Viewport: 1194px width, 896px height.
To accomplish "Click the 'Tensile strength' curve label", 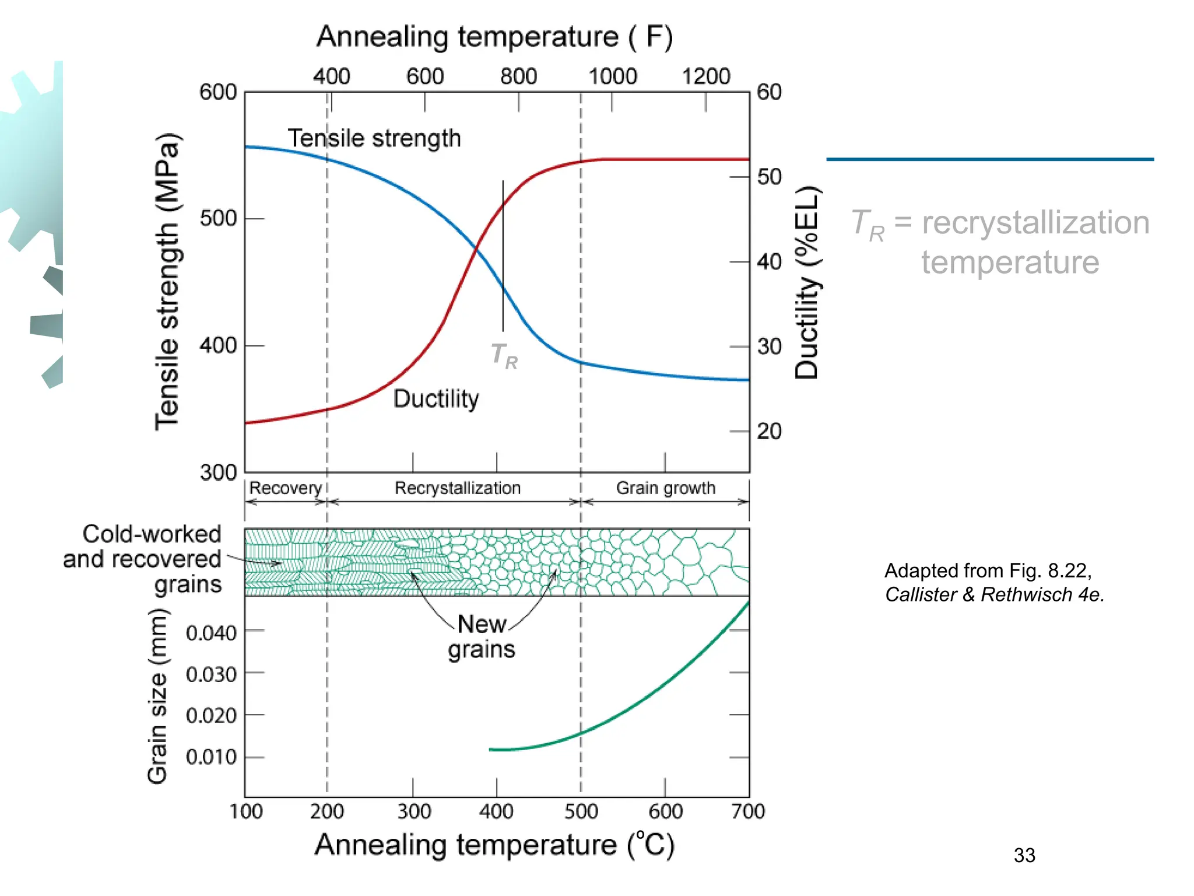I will pyautogui.click(x=374, y=139).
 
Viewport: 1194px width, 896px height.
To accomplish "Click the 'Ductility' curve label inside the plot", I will pyautogui.click(x=436, y=399).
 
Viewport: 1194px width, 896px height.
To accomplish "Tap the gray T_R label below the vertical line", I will pyautogui.click(x=504, y=356).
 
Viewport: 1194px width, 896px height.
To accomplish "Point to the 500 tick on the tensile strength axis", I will pyautogui.click(x=218, y=219).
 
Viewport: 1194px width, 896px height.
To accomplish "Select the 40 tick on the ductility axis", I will pyautogui.click(x=769, y=262).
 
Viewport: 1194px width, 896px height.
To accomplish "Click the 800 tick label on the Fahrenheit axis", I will pyautogui.click(x=518, y=76).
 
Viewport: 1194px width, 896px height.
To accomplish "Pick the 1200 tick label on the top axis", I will pyautogui.click(x=706, y=76).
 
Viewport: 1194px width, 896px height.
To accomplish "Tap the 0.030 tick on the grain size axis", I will pyautogui.click(x=211, y=674).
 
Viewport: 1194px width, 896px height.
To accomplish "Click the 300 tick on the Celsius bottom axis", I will pyautogui.click(x=414, y=811).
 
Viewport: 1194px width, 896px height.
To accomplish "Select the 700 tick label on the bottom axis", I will pyautogui.click(x=748, y=811).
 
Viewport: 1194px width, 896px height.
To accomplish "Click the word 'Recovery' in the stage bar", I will pyautogui.click(x=286, y=488).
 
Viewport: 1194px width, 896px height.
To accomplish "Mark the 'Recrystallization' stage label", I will pyautogui.click(x=458, y=488).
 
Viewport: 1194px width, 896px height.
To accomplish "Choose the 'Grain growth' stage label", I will pyautogui.click(x=666, y=488).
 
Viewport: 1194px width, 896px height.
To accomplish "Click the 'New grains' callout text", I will pyautogui.click(x=482, y=637).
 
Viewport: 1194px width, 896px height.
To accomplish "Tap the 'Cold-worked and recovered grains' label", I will pyautogui.click(x=143, y=559).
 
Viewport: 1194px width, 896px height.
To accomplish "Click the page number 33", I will pyautogui.click(x=1024, y=856).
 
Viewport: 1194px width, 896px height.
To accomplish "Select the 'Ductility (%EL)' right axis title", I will pyautogui.click(x=807, y=283).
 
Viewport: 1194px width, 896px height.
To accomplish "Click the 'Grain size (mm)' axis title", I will pyautogui.click(x=157, y=695).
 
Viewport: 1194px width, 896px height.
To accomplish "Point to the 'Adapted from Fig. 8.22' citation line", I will pyautogui.click(x=988, y=570).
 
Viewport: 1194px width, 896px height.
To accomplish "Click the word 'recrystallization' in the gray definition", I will pyautogui.click(x=1035, y=223).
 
